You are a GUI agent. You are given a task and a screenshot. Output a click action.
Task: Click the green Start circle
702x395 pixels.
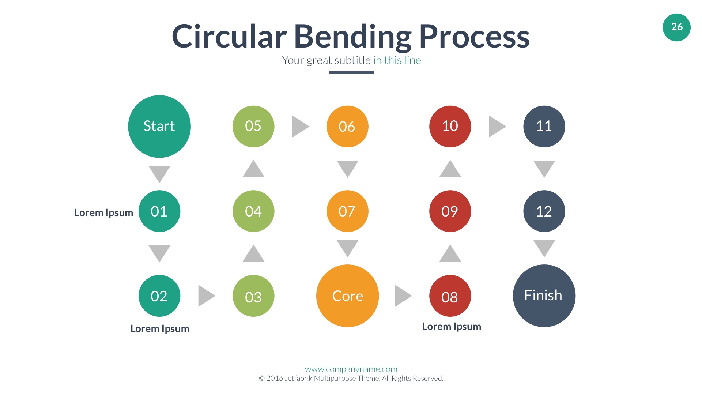[x=159, y=127]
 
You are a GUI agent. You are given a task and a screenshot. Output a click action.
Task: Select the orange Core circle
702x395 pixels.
[x=347, y=296]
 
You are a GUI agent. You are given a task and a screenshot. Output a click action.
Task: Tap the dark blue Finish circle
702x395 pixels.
[x=544, y=296]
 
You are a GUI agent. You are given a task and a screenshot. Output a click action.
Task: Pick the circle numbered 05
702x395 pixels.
[x=253, y=127]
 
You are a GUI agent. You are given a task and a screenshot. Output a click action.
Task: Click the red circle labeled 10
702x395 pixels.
[x=450, y=127]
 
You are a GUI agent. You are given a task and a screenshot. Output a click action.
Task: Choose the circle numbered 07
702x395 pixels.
[x=347, y=211]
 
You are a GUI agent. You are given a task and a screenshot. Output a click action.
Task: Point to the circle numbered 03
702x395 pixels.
[x=253, y=296]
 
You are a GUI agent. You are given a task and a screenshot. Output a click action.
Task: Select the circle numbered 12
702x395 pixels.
[x=544, y=211]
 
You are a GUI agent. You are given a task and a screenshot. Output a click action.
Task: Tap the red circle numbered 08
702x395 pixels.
[x=450, y=296]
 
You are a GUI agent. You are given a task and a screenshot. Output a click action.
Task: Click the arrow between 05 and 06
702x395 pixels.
[x=300, y=127]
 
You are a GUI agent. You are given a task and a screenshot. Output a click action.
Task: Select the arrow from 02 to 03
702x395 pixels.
[x=206, y=296]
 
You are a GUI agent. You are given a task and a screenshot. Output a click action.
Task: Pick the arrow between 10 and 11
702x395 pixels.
[x=497, y=127]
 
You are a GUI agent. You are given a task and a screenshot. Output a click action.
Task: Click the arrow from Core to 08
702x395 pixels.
[x=403, y=296]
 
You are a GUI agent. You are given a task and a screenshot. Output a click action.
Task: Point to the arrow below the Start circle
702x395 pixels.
[x=159, y=173]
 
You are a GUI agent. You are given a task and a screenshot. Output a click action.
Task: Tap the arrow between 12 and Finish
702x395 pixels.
[x=544, y=248]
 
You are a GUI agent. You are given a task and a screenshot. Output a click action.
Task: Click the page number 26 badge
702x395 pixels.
[x=676, y=27]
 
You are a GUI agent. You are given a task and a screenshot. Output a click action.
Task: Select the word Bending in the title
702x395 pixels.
[x=352, y=37]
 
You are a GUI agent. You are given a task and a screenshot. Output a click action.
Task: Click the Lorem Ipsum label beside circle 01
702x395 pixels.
[x=103, y=212]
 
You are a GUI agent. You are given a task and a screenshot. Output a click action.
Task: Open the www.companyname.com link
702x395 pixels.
[x=351, y=369]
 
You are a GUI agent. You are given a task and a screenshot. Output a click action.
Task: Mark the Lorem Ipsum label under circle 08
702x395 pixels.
[x=452, y=326]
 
